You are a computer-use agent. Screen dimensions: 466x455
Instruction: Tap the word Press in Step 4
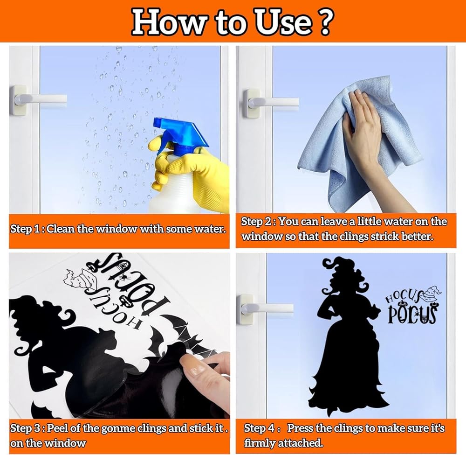point(300,428)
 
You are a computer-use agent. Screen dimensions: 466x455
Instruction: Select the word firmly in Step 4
point(259,443)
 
